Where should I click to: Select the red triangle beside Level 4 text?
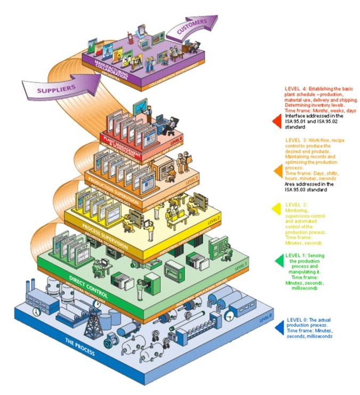click(276, 121)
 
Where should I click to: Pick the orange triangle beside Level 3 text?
click(276, 170)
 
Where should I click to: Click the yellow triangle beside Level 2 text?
click(276, 210)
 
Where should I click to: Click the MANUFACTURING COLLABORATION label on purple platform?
click(109, 71)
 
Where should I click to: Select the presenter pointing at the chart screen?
click(150, 113)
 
